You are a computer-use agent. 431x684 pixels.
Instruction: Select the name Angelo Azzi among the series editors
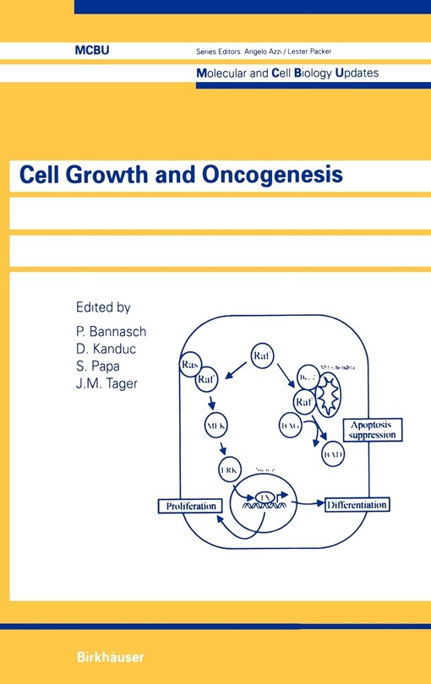[280, 52]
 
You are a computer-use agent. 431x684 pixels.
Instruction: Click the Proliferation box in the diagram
[192, 506]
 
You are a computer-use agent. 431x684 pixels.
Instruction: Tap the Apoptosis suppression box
[373, 430]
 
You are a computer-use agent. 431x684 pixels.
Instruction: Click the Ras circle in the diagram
[190, 364]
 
